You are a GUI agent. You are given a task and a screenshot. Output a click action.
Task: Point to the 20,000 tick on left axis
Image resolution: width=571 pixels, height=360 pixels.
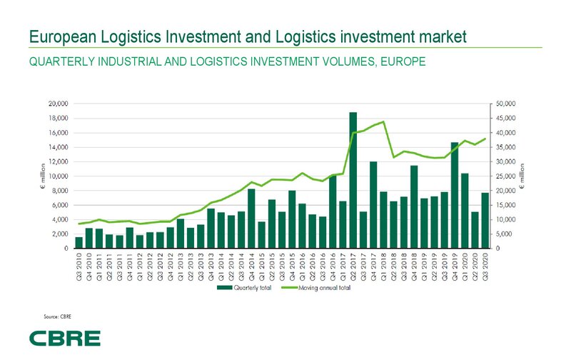(56, 104)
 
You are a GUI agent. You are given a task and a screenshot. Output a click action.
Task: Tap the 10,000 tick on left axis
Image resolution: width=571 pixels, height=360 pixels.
(56, 176)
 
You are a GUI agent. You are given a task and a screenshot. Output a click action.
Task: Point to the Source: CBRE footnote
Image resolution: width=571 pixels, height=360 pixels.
(58, 315)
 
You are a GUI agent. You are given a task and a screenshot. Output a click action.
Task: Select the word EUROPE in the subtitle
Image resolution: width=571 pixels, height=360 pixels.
(403, 61)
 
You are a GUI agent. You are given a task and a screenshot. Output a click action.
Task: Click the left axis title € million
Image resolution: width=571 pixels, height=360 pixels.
(41, 176)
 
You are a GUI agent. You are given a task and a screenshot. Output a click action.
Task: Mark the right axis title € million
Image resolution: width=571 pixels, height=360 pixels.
(520, 176)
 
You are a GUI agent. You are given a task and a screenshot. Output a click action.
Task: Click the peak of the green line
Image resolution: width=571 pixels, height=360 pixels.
(383, 121)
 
